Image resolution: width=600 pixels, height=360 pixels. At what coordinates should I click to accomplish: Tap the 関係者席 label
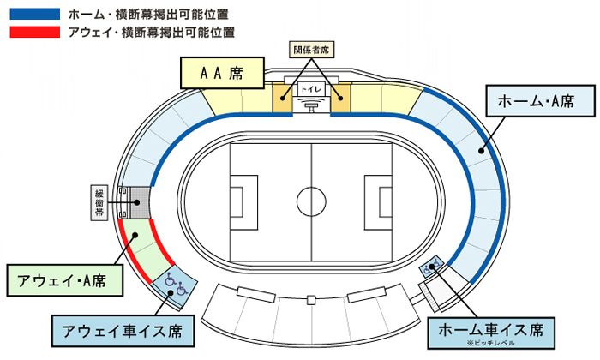[x=311, y=51]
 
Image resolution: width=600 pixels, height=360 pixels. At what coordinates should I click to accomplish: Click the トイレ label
[x=310, y=88]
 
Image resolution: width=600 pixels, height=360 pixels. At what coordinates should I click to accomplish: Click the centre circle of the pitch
[x=310, y=201]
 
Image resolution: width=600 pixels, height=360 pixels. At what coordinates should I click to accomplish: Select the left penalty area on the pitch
[x=243, y=201]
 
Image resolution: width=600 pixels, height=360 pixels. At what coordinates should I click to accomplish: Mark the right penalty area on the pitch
[x=378, y=201]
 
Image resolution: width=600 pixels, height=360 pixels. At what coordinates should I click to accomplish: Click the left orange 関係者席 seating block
[x=282, y=98]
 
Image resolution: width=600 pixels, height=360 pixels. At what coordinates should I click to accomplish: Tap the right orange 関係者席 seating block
[x=341, y=98]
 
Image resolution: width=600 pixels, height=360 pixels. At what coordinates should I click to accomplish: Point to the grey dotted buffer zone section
[x=135, y=202]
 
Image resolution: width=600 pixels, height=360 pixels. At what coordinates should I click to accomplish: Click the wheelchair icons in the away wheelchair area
[x=174, y=284]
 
